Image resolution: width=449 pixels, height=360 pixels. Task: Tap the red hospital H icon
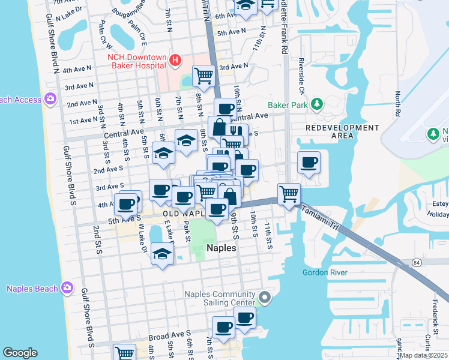(x=175, y=60)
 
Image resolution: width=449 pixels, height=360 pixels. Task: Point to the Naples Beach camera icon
(x=67, y=289)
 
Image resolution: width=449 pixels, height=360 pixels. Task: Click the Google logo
(x=20, y=353)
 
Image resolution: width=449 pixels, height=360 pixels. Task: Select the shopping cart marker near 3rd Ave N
(x=205, y=76)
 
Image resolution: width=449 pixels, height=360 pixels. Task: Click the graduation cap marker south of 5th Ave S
(x=162, y=254)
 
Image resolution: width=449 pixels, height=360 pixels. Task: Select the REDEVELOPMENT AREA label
(x=342, y=132)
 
